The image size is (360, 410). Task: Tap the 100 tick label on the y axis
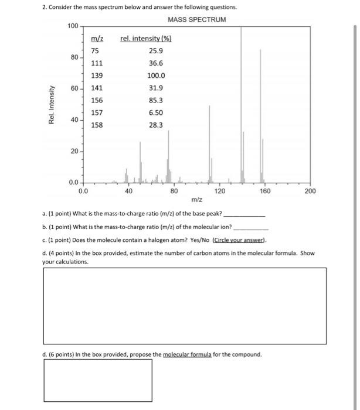coord(72,26)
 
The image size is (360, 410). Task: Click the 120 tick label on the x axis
coord(219,191)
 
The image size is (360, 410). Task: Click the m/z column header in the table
coord(97,39)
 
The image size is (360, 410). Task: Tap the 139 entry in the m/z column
coord(97,76)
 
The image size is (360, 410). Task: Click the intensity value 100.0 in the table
coord(156,76)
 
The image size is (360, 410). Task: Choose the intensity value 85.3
coord(156,100)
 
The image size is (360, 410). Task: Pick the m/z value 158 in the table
coord(97,125)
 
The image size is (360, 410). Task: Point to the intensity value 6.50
coord(156,112)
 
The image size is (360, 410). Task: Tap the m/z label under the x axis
coord(196,200)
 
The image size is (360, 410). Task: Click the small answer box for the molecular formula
coord(98,380)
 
